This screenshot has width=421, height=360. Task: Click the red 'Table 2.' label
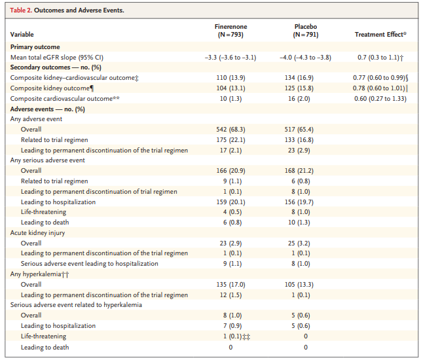(x=21, y=10)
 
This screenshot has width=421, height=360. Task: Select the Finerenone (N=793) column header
(x=230, y=31)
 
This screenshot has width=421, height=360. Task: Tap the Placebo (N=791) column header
(x=306, y=31)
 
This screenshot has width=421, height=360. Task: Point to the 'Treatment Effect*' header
(x=380, y=34)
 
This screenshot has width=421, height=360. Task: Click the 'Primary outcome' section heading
(x=35, y=47)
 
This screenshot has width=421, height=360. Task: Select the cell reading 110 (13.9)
(x=230, y=78)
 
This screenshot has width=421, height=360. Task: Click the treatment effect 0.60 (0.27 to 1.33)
(x=380, y=99)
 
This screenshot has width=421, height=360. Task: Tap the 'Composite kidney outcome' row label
(x=52, y=88)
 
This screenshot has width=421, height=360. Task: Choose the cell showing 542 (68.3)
(x=230, y=130)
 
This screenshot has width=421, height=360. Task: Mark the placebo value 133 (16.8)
(x=299, y=140)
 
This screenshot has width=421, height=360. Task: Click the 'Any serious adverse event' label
(x=48, y=160)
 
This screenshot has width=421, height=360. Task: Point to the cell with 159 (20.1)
(x=230, y=202)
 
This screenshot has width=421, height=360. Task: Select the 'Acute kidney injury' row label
(x=37, y=233)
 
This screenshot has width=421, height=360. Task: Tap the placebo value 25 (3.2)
(x=299, y=243)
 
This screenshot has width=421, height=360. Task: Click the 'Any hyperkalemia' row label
(x=39, y=274)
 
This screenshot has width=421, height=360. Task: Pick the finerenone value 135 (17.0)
(x=230, y=285)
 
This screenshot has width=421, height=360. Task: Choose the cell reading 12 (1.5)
(x=230, y=295)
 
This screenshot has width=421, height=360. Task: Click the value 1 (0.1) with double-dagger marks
(x=236, y=336)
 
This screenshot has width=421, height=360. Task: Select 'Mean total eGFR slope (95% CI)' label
(x=57, y=58)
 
